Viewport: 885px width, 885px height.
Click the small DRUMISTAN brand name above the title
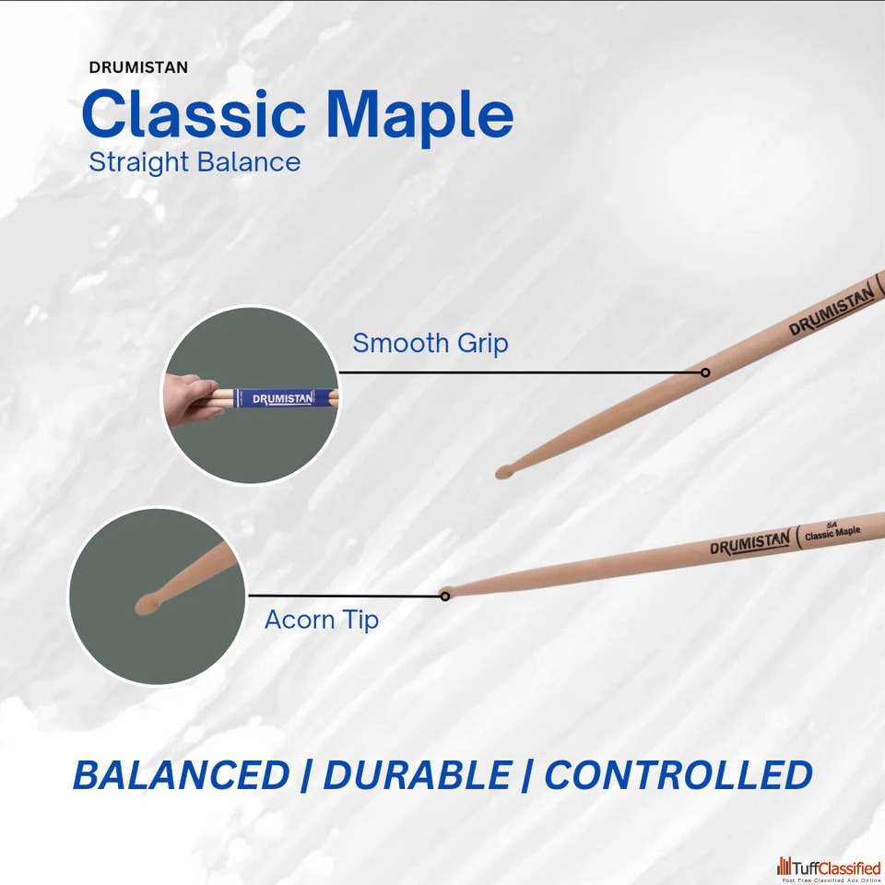(x=138, y=67)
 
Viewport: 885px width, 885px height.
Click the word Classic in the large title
(x=194, y=113)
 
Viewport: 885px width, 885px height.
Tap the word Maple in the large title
(x=420, y=117)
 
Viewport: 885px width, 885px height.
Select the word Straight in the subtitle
(x=138, y=162)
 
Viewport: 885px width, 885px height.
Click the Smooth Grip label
(x=431, y=344)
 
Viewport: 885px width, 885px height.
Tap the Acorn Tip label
(x=321, y=619)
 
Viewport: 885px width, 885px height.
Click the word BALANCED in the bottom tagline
(x=182, y=775)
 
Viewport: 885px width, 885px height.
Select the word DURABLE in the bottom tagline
(x=417, y=775)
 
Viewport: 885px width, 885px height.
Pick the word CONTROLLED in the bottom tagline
(x=678, y=775)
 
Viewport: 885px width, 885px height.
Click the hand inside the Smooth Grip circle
(x=190, y=399)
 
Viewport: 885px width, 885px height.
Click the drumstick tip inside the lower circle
(x=147, y=604)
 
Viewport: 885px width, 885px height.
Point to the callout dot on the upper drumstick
(x=705, y=372)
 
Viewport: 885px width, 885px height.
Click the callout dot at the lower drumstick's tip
(x=444, y=596)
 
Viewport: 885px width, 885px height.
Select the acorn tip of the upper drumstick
(x=504, y=472)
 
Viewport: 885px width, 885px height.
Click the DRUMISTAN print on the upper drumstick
(x=832, y=310)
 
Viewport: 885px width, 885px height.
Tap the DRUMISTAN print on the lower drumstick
(x=750, y=543)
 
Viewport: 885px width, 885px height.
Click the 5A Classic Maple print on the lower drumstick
(x=832, y=531)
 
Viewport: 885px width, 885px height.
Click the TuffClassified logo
(x=829, y=868)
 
